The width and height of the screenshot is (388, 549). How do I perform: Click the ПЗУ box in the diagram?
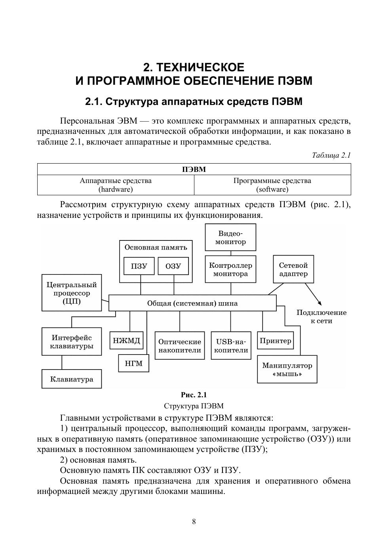(x=139, y=266)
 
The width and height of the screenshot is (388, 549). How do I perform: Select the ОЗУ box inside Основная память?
(x=173, y=266)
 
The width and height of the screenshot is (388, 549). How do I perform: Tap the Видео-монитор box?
(x=230, y=237)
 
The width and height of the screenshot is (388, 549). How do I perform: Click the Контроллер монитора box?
(x=230, y=269)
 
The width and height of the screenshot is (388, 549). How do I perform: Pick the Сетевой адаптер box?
(x=293, y=269)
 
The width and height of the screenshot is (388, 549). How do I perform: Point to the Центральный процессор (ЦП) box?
(x=72, y=293)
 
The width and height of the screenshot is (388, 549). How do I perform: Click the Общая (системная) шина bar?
(x=192, y=303)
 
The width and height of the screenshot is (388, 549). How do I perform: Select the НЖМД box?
(x=126, y=340)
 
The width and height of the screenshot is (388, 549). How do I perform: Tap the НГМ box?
(x=133, y=363)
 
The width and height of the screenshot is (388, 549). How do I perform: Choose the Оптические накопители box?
(x=180, y=345)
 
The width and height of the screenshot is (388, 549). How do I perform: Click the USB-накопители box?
(x=231, y=345)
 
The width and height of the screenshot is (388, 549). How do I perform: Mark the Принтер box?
(x=276, y=340)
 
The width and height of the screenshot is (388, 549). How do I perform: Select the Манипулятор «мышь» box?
(x=287, y=369)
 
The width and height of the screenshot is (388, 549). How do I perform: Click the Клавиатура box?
(x=72, y=379)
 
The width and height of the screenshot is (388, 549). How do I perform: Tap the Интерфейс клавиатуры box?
(x=72, y=341)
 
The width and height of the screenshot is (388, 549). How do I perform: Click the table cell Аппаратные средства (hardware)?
(x=116, y=185)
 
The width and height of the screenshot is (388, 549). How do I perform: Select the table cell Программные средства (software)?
(x=272, y=185)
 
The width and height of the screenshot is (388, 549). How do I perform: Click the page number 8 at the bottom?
(x=194, y=522)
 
